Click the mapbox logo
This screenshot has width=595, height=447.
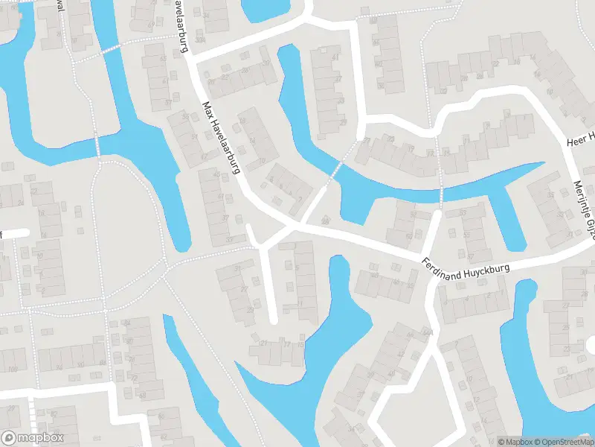[33, 438]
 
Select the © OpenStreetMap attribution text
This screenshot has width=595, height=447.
[565, 442]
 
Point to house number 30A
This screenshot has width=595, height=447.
[199, 40]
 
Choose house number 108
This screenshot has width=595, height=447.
[12, 370]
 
